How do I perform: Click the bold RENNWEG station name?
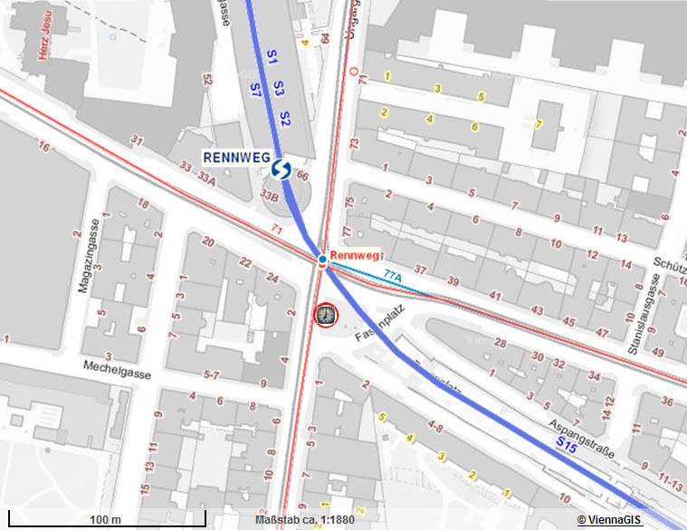(237, 156)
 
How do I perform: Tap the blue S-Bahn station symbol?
(281, 170)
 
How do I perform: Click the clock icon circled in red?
(325, 315)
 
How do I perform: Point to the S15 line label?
(568, 443)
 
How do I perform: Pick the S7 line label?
(255, 89)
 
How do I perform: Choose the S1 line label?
(271, 57)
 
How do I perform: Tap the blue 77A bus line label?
(392, 274)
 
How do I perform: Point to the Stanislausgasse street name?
(652, 308)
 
